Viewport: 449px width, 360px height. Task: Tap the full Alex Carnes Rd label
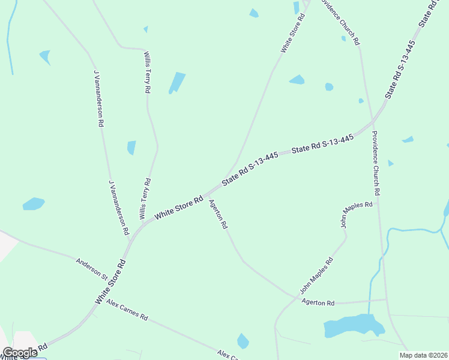click(x=127, y=311)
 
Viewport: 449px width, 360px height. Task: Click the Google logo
click(x=20, y=353)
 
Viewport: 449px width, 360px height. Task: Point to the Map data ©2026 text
click(x=423, y=355)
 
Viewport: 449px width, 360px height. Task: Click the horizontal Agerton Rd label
click(x=318, y=303)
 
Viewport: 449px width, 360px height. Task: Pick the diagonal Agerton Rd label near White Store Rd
click(x=218, y=214)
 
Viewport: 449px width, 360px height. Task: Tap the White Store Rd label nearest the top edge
click(x=294, y=32)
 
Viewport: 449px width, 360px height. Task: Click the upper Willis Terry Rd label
click(x=147, y=72)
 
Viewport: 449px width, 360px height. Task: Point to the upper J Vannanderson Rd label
click(x=98, y=98)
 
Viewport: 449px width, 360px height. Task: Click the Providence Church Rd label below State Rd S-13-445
click(x=376, y=163)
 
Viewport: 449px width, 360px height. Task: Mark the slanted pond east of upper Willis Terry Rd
click(x=177, y=82)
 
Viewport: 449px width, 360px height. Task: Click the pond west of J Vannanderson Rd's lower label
click(x=34, y=204)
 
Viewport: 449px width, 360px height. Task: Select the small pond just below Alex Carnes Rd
click(x=243, y=341)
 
